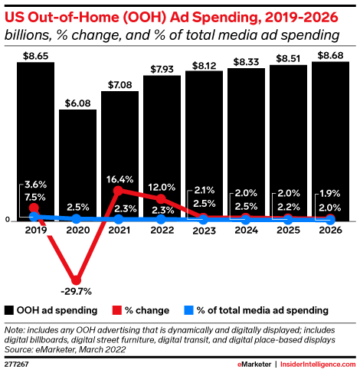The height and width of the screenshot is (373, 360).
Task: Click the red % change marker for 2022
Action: [161, 199]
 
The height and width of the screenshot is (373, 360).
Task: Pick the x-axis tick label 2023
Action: [203, 229]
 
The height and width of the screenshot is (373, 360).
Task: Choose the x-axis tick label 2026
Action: [329, 229]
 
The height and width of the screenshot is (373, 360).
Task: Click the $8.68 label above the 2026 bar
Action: [329, 55]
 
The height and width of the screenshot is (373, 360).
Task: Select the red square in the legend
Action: [117, 310]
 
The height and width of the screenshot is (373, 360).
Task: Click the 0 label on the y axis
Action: [7, 220]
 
